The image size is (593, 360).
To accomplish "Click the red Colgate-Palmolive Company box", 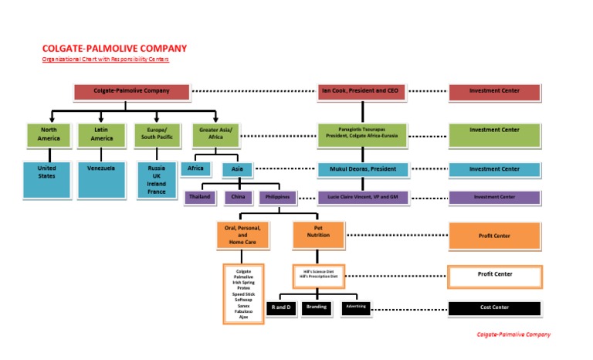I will [131, 91].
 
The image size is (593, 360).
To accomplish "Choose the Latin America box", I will [101, 134].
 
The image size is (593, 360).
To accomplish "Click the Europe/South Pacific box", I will [157, 134].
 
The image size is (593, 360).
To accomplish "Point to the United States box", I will [47, 180].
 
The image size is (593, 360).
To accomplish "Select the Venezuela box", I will [101, 180].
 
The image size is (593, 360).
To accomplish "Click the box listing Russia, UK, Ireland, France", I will [157, 180].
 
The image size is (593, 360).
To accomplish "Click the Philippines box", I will [277, 197].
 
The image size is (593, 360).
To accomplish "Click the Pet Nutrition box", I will [318, 235].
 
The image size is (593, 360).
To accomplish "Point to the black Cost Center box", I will [494, 307].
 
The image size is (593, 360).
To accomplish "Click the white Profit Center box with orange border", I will [494, 274].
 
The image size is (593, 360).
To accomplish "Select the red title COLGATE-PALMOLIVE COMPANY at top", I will [114, 49].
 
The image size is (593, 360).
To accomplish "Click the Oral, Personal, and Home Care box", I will [243, 235].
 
